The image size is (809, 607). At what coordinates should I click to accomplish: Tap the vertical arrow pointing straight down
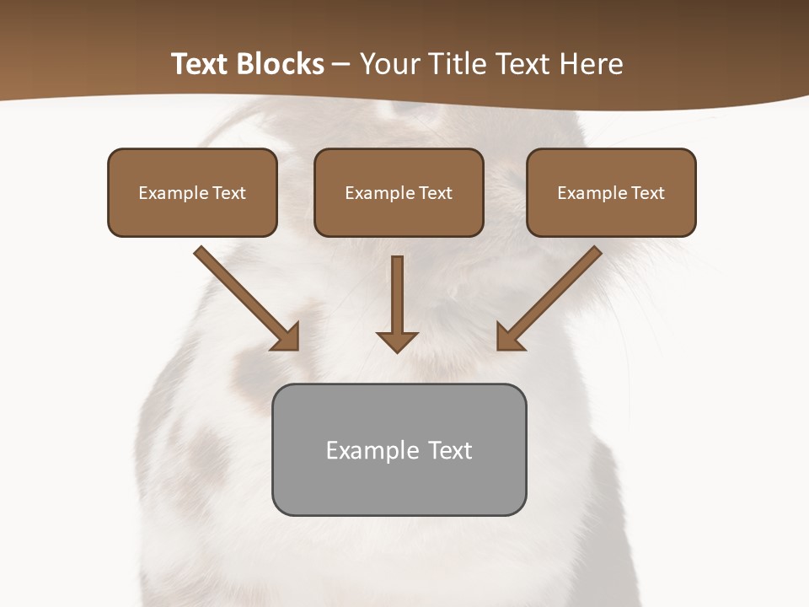[x=397, y=299]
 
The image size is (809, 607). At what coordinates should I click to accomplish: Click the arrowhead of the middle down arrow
[x=397, y=341]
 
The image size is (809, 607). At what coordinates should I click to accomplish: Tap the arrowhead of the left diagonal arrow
[x=287, y=338]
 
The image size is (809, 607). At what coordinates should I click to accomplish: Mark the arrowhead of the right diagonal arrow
[x=508, y=338]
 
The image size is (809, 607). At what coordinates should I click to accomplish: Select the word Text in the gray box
[x=450, y=451]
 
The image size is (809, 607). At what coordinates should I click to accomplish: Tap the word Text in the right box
[x=647, y=193]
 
